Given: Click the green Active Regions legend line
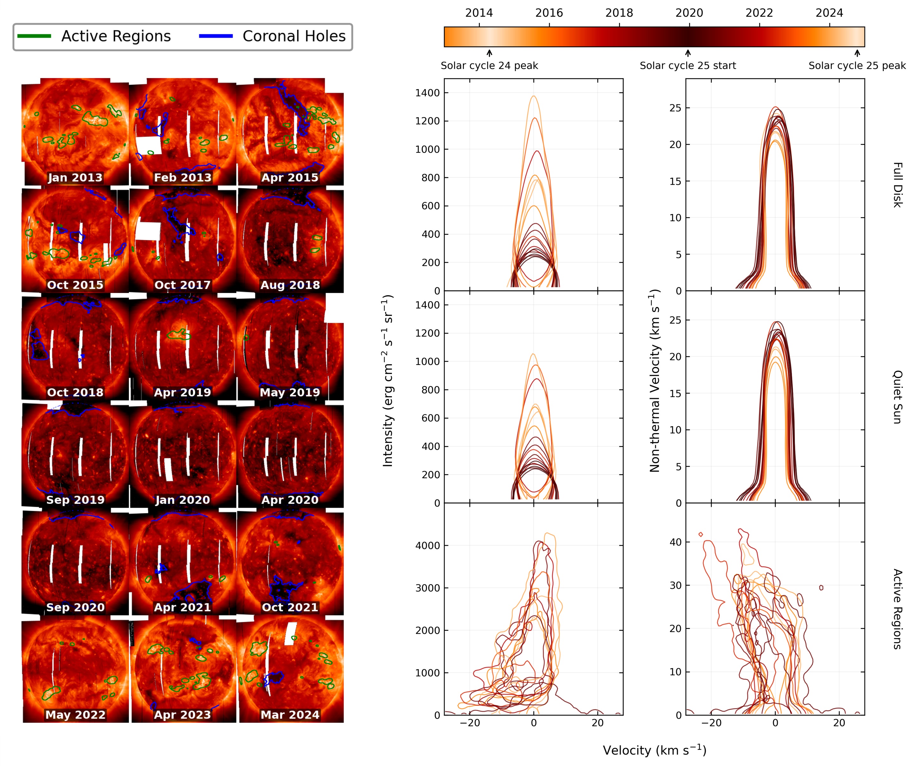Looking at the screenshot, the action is [34, 36].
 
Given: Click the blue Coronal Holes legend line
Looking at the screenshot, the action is [216, 36].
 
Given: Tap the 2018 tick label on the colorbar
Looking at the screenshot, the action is [619, 13].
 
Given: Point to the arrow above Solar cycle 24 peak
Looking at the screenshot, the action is [489, 53].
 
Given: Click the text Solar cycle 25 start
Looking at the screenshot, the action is [688, 66].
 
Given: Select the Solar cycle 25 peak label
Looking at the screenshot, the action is [857, 66].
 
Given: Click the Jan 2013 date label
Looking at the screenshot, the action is [75, 177].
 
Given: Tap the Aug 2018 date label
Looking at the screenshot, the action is [290, 285].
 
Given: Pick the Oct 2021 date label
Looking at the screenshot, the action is [290, 607].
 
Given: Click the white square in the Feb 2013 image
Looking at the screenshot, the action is [149, 145].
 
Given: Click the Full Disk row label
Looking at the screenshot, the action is [897, 185].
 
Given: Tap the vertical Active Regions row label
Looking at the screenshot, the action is [897, 609].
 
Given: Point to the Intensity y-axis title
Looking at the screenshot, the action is [388, 380].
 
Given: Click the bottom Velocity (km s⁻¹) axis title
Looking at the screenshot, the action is [655, 750].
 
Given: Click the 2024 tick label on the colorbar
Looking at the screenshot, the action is [829, 13].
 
